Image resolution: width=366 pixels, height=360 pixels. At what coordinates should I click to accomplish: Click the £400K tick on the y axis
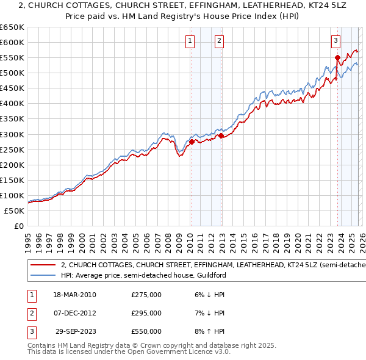click(x=12, y=103)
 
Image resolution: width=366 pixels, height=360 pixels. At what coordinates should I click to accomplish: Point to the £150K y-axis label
click(x=12, y=180)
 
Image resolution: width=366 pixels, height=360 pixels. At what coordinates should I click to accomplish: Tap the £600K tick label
click(x=12, y=42)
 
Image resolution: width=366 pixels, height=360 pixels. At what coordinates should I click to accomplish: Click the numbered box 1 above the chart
click(x=190, y=41)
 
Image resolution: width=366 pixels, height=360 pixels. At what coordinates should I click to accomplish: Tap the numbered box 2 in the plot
click(x=219, y=41)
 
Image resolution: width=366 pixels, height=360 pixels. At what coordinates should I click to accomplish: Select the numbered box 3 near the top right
click(x=335, y=41)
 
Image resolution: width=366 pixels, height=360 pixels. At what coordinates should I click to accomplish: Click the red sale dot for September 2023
click(x=337, y=58)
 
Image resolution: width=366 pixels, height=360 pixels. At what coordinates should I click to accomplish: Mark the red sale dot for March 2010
click(x=192, y=142)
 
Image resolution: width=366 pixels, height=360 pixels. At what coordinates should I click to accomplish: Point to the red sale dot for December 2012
click(x=221, y=135)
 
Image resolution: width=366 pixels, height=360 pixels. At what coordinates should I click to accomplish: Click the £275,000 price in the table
click(x=146, y=294)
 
